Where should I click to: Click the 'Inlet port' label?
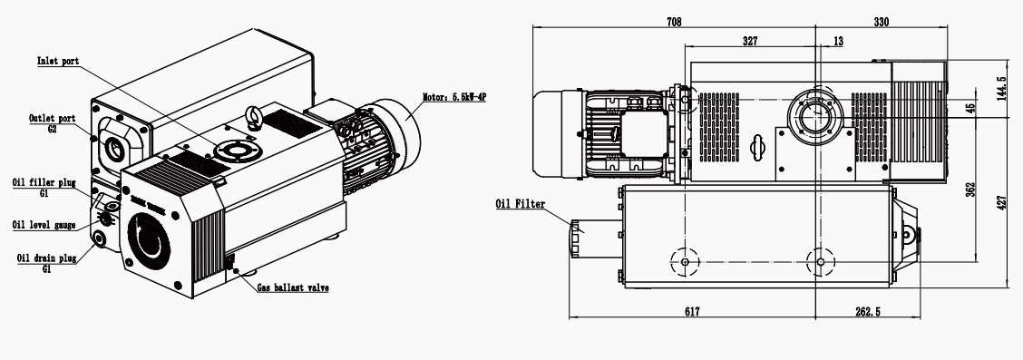pos(58,62)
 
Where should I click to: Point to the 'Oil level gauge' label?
pos(43,225)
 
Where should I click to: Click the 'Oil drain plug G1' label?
pos(44,262)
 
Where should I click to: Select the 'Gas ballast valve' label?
pos(292,287)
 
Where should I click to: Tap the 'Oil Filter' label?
pos(520,204)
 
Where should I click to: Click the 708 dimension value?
pos(674,20)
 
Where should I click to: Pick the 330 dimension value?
pos(882,20)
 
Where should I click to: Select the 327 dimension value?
pos(750,41)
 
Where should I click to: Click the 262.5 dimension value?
pos(867,311)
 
